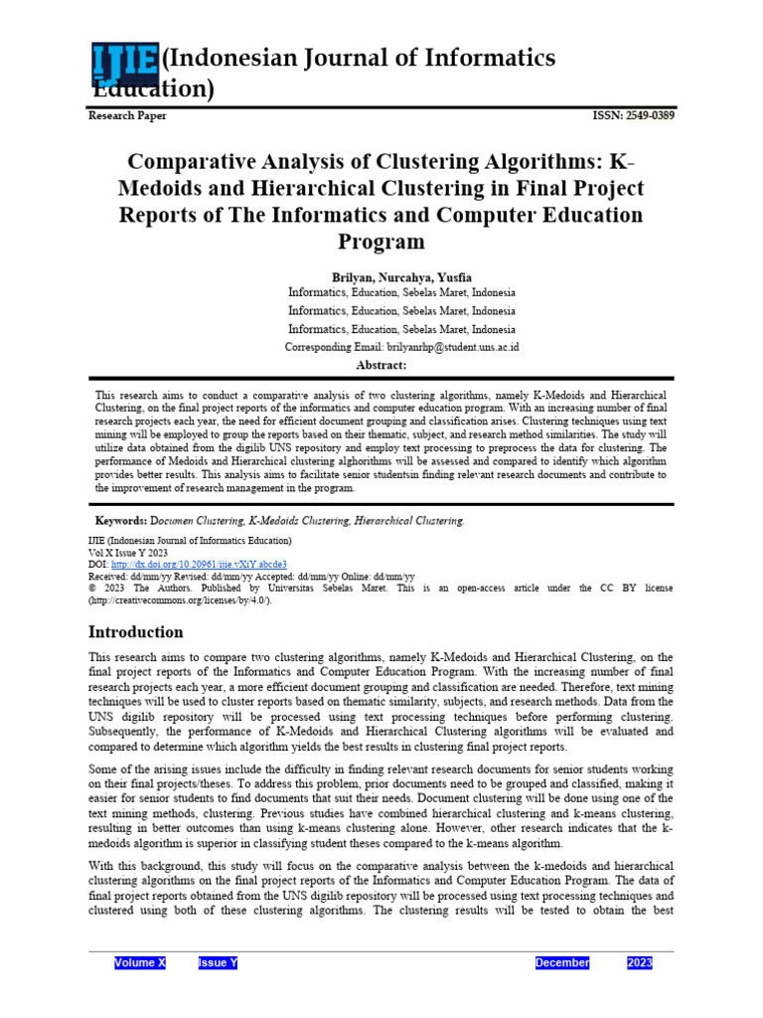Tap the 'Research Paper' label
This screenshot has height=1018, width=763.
pyautogui.click(x=127, y=116)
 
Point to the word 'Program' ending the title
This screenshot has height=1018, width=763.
pyautogui.click(x=381, y=242)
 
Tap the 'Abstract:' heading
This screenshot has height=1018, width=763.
pyautogui.click(x=381, y=365)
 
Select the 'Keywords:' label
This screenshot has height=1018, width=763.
pyautogui.click(x=120, y=520)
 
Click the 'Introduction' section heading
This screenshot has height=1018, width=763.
pyautogui.click(x=136, y=632)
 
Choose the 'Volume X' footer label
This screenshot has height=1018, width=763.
pyautogui.click(x=140, y=963)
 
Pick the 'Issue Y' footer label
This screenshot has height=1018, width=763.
pyautogui.click(x=219, y=963)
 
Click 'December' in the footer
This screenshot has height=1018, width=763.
pyautogui.click(x=562, y=963)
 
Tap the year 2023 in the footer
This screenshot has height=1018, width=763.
pyautogui.click(x=640, y=963)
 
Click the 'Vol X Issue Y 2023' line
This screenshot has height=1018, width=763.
pyautogui.click(x=128, y=553)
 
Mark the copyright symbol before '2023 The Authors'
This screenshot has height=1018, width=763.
pyautogui.click(x=92, y=589)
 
